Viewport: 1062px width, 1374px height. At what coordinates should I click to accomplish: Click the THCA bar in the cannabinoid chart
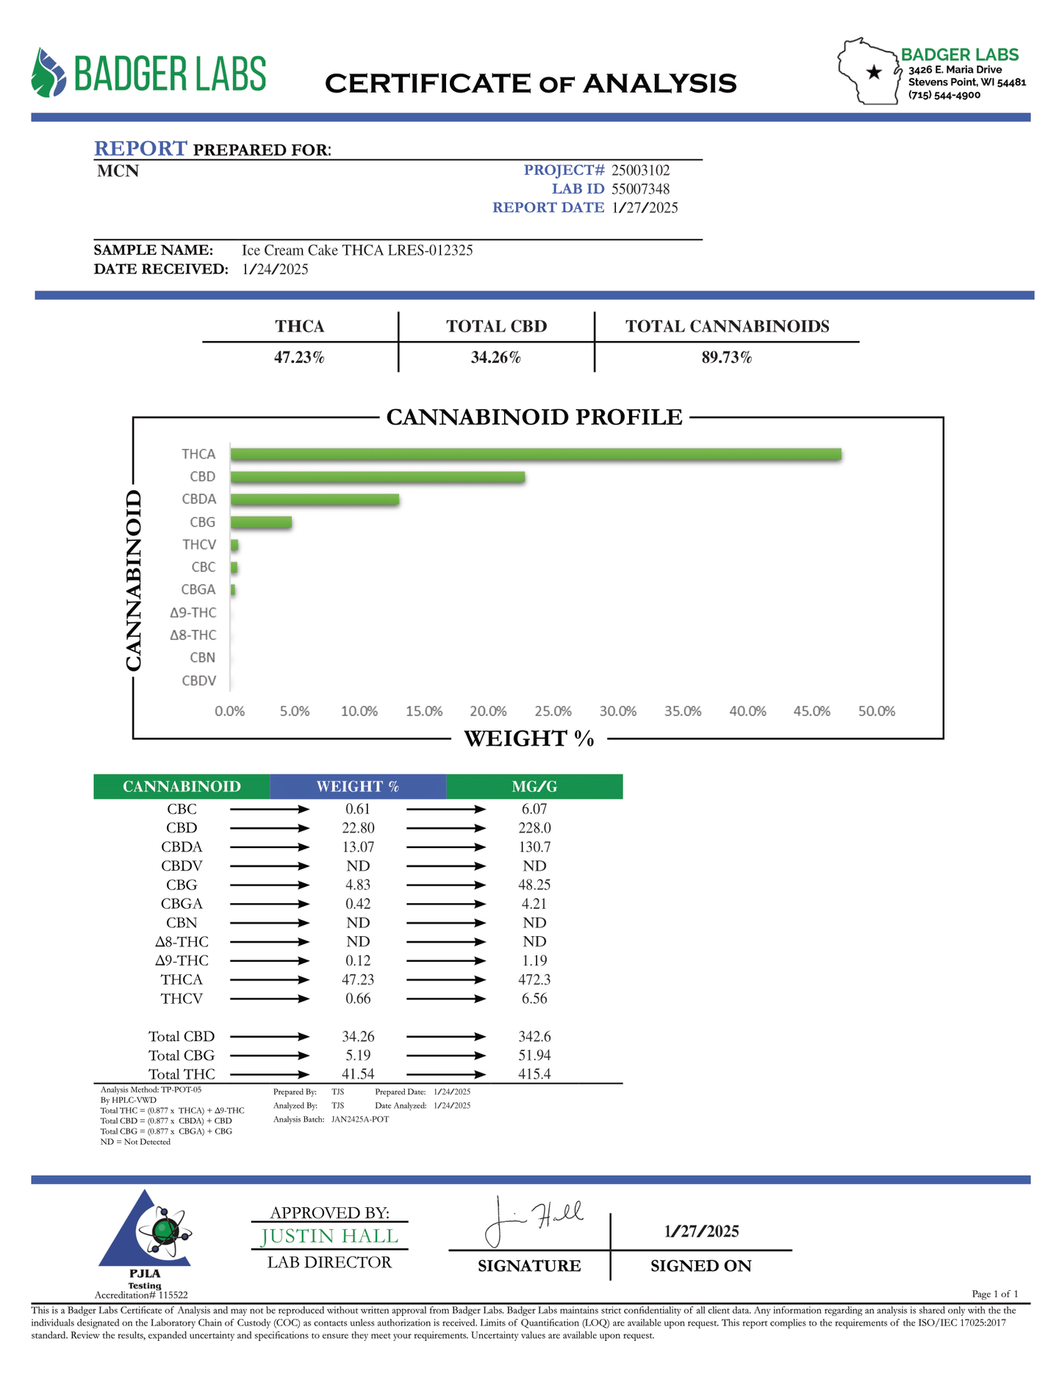click(x=535, y=454)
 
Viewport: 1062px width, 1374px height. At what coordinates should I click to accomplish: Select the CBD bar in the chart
click(x=378, y=477)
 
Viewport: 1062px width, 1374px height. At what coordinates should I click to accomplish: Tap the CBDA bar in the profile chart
click(x=315, y=500)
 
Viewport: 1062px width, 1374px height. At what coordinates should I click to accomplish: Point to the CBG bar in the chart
click(x=261, y=522)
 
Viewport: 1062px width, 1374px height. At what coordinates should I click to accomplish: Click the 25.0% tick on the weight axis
click(x=553, y=711)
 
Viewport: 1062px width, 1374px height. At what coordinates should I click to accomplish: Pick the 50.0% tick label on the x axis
click(x=876, y=711)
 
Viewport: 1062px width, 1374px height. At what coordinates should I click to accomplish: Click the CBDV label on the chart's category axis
click(x=199, y=680)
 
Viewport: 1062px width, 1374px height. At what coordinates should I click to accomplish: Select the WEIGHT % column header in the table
click(x=358, y=786)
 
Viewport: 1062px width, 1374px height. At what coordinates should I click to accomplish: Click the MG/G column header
click(x=534, y=786)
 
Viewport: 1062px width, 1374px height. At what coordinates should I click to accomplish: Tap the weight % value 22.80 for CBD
click(x=358, y=828)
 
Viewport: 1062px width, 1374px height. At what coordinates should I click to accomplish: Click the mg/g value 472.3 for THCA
click(x=534, y=979)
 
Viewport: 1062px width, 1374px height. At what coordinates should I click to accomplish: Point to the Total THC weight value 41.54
click(x=358, y=1073)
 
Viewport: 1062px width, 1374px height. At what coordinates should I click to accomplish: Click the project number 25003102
click(x=640, y=170)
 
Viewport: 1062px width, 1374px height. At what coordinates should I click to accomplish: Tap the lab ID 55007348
click(x=640, y=189)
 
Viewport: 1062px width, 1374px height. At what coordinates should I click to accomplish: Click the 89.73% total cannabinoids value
click(x=726, y=358)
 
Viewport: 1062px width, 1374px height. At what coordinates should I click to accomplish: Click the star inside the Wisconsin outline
click(x=874, y=72)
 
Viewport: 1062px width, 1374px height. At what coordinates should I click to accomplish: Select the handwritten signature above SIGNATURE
click(x=533, y=1221)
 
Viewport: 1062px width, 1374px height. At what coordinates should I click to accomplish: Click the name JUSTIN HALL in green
click(x=329, y=1237)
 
